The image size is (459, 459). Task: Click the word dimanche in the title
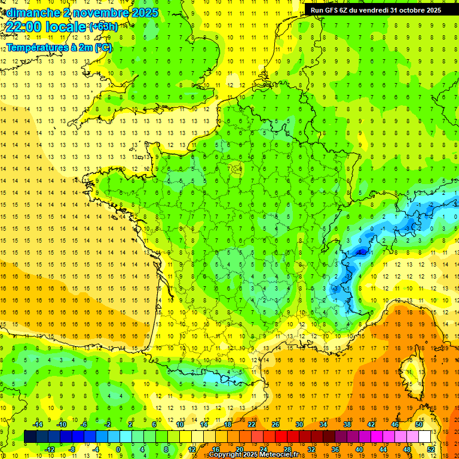point(30,13)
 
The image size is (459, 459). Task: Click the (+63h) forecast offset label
point(103,27)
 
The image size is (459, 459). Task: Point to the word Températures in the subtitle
point(37,48)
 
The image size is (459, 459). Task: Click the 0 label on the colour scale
point(118,449)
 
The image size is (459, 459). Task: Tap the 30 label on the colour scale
point(299,424)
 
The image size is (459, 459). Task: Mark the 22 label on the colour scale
point(252,424)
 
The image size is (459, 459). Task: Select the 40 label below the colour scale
point(359,449)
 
